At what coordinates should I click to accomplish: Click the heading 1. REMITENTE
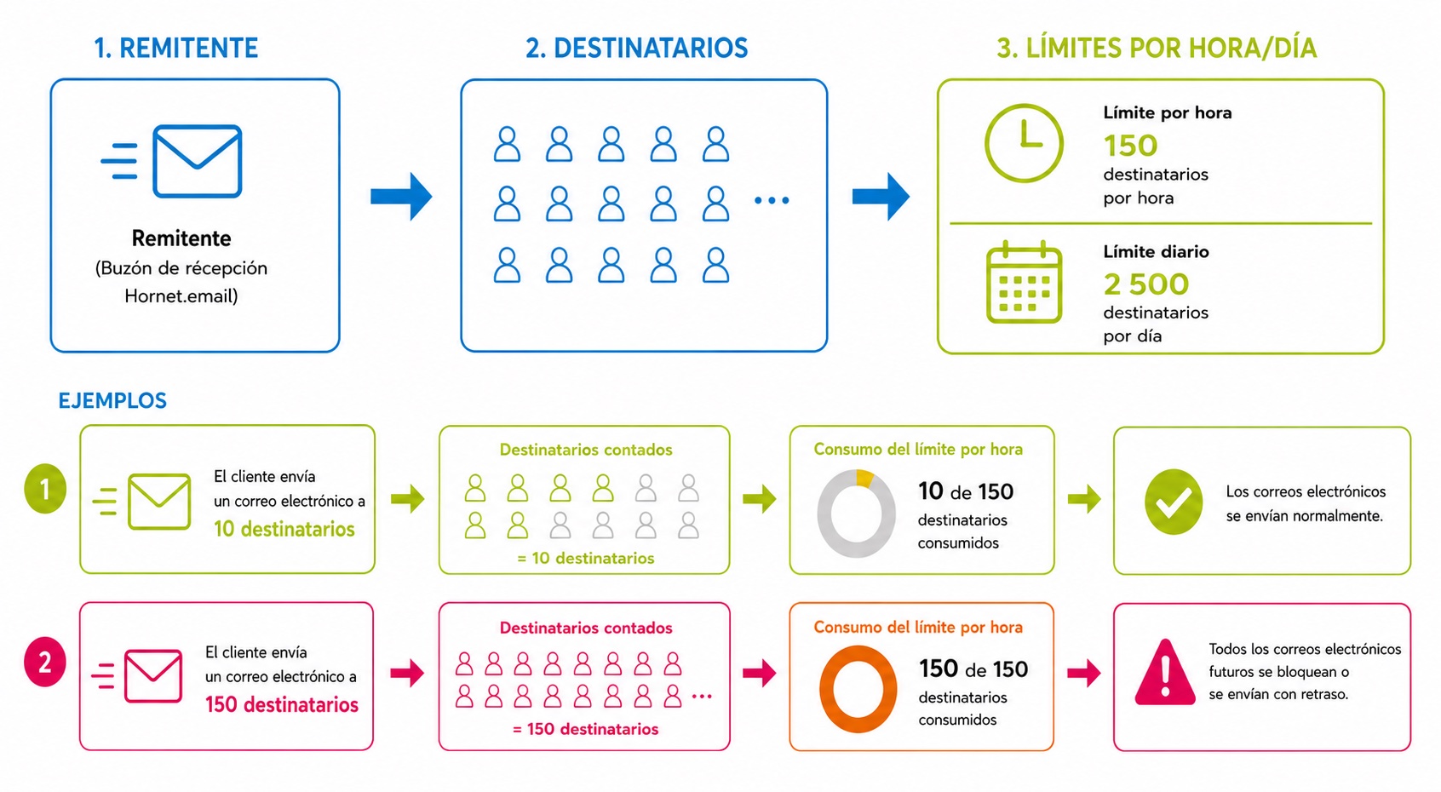point(176,49)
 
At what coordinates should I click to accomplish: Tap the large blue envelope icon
point(198,161)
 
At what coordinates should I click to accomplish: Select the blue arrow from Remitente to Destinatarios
point(401,196)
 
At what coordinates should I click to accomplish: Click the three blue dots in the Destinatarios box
point(772,200)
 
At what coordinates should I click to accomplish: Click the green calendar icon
point(1025,282)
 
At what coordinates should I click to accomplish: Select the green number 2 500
point(1146,284)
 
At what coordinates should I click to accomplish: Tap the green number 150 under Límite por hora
point(1131,146)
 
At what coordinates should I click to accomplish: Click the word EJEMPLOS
point(112,401)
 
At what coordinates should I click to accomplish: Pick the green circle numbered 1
point(45,489)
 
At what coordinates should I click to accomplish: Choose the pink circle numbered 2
point(45,662)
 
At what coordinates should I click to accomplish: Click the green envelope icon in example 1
point(159,502)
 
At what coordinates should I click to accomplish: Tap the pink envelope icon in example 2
point(153,675)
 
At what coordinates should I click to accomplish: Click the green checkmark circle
point(1174,502)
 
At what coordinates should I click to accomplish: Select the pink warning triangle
point(1165,672)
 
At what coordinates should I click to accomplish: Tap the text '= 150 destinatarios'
point(585,729)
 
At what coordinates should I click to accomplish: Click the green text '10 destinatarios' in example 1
point(284,529)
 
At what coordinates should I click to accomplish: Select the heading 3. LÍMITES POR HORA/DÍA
point(1157,49)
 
